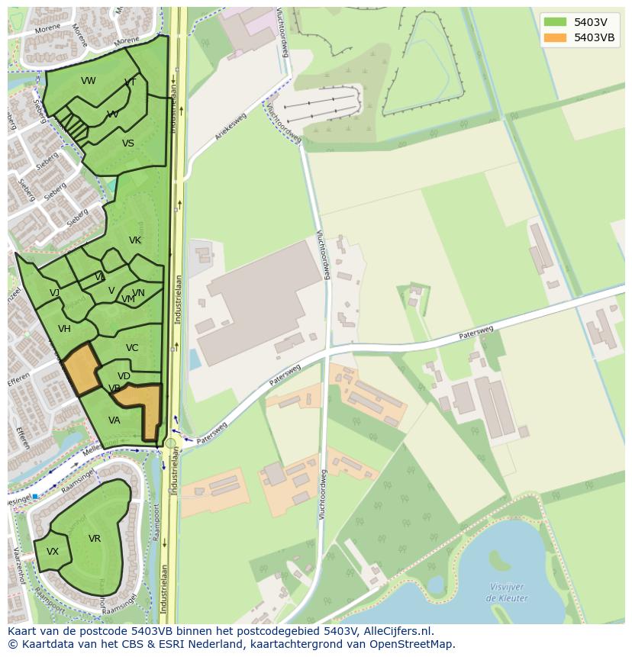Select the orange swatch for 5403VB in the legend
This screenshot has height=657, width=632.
click(556, 37)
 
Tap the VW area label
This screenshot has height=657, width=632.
click(89, 81)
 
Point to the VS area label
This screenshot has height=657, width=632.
click(128, 143)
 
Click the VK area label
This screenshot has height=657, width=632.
click(135, 240)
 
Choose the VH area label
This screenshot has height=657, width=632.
click(64, 329)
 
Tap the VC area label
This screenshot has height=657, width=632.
click(132, 348)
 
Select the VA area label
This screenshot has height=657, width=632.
click(114, 420)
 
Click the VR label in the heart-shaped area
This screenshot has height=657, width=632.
click(95, 539)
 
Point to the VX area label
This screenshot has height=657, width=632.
click(53, 552)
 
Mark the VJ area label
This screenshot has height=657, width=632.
click(55, 293)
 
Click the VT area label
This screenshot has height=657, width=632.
click(131, 82)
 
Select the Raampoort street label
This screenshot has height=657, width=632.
click(155, 527)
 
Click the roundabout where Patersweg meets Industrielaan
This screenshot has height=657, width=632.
click(170, 443)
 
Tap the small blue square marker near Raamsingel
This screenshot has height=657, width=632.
click(35, 497)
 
